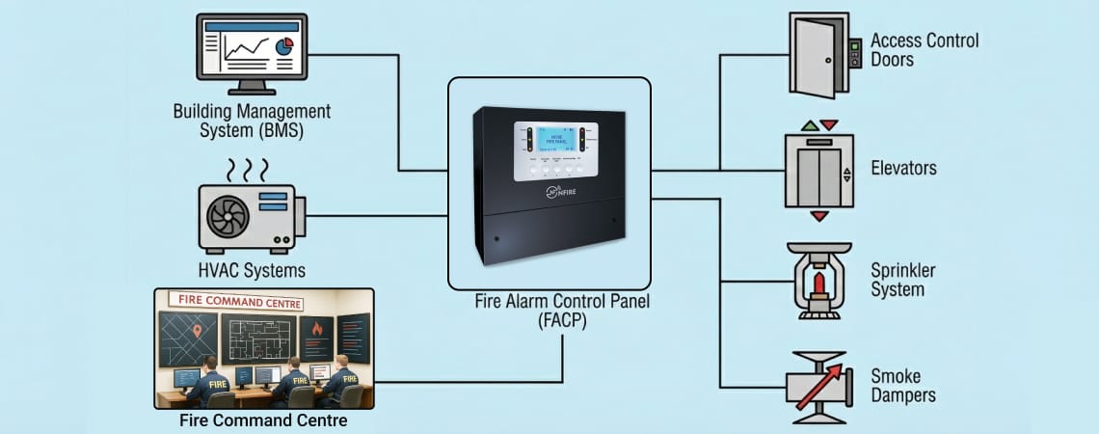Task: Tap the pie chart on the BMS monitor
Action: coord(284,45)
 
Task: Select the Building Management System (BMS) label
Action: coord(252,121)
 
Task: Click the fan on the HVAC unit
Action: coord(228,215)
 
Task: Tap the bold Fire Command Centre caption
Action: coord(264,421)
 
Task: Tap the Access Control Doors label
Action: coord(925,50)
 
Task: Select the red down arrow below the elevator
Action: coord(819,216)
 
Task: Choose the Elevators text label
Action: coord(903,169)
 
